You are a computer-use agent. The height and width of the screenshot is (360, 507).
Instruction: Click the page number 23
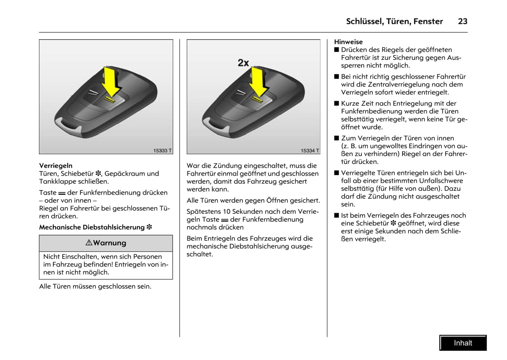point(462,21)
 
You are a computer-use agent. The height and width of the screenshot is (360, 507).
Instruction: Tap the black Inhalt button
point(463,343)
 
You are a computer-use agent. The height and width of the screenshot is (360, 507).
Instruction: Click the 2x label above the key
point(243,63)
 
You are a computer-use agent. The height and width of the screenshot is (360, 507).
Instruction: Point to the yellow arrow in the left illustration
point(111,82)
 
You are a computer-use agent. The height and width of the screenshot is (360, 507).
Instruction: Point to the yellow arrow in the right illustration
point(259,82)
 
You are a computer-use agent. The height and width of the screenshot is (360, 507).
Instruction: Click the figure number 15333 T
point(162,151)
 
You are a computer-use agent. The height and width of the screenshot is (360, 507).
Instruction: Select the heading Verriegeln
point(56,166)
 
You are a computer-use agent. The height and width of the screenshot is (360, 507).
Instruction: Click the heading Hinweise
point(348,42)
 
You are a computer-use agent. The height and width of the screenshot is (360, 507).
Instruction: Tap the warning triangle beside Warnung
point(89,242)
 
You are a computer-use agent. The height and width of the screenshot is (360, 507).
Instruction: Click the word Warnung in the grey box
point(109,243)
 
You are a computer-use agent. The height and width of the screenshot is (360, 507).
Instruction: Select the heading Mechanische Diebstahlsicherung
point(92,227)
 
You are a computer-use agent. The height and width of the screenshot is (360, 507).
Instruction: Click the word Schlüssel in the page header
point(364,21)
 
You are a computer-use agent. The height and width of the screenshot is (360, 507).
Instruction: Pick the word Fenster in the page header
point(428,21)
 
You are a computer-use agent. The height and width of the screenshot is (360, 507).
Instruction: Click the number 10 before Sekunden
point(227,212)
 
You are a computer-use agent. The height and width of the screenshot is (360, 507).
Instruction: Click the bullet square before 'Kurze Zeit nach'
point(337,104)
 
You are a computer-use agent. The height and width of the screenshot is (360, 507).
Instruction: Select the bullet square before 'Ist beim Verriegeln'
point(337,215)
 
